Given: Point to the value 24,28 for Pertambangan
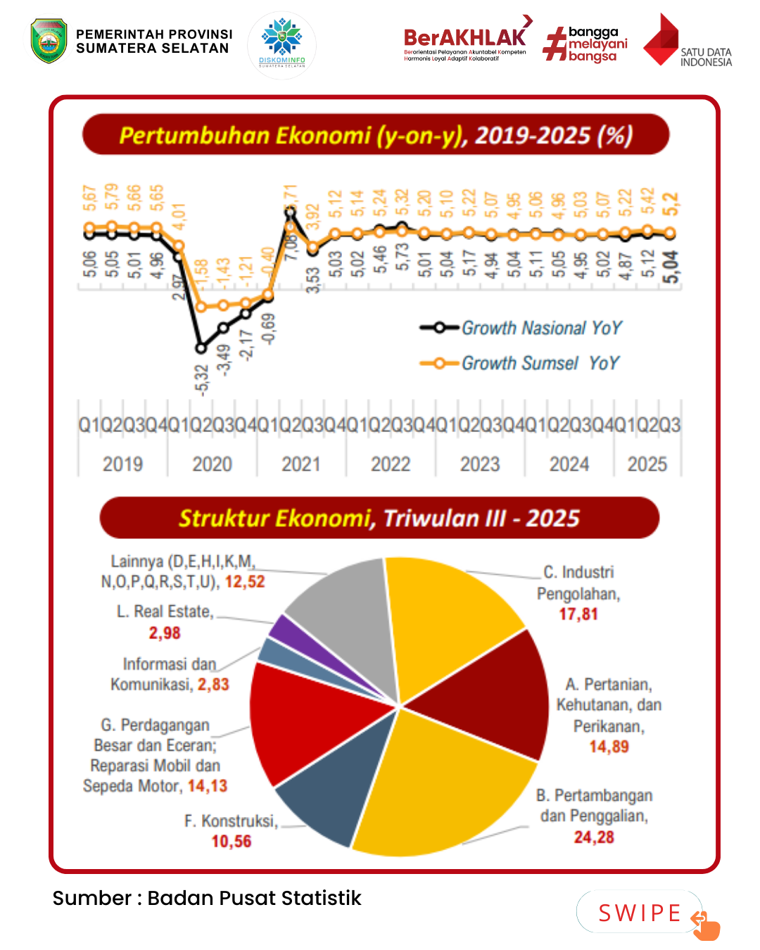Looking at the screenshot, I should coord(594,837).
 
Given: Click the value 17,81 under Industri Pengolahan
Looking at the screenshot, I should coord(578,614).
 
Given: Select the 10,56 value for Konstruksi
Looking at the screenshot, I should coord(232,841).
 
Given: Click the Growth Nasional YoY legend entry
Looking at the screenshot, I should coord(521,328).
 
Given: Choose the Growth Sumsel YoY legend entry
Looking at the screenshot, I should coord(520,363).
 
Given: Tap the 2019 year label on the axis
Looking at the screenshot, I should coord(122,464).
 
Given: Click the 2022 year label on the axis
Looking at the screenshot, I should coord(391,464).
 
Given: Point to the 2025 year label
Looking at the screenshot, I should coord(647,464).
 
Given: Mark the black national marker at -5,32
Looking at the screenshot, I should coord(201,348).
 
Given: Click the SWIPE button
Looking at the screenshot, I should coord(640,913).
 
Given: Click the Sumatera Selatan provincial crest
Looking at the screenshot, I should coord(49,41).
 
